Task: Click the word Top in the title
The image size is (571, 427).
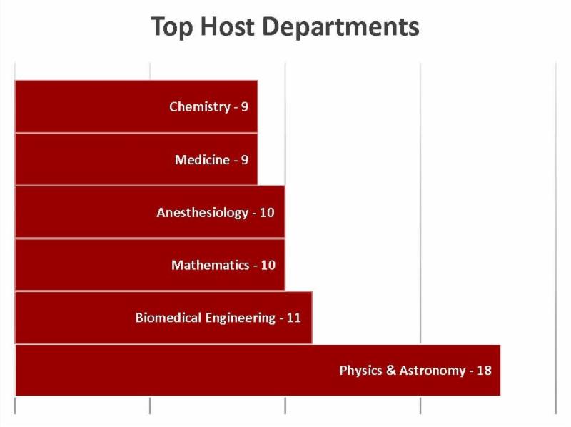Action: [x=170, y=27]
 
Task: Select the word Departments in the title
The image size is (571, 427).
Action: [x=340, y=27]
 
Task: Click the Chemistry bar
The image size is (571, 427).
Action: [x=107, y=106]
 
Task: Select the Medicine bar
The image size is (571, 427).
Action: [x=107, y=159]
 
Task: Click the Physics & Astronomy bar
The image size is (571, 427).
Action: [x=178, y=371]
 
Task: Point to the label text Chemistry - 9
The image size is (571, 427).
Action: [x=208, y=107]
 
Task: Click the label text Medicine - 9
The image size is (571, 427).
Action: [x=211, y=160]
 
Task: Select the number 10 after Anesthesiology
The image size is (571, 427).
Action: [x=267, y=213]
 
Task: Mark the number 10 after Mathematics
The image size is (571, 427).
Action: [x=268, y=266]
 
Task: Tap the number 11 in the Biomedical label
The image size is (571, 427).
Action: [x=293, y=318]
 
